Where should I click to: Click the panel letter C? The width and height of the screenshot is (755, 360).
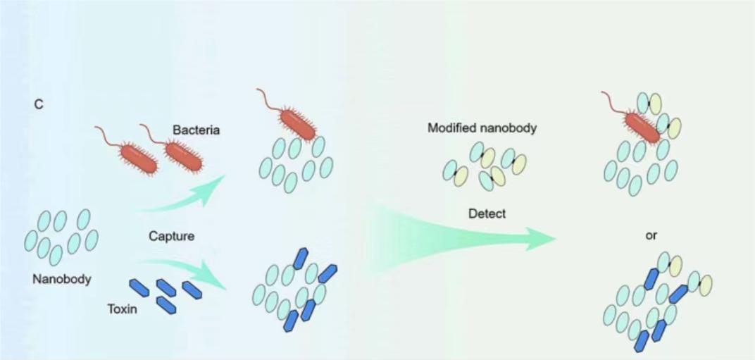coord(39,104)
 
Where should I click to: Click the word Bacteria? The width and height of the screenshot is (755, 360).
coord(196,130)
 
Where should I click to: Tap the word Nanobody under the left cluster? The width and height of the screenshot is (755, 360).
coord(62,279)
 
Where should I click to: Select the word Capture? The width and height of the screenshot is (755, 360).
coord(171,236)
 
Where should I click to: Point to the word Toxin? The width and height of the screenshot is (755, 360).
coord(122,309)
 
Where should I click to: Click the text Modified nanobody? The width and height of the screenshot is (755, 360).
coord(482,129)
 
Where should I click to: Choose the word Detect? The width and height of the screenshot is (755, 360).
coord(487,213)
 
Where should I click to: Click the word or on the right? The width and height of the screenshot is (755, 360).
coord(651,236)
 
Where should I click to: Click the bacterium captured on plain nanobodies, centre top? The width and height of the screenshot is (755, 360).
coord(298,125)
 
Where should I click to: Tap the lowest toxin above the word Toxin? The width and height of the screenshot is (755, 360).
coord(166,305)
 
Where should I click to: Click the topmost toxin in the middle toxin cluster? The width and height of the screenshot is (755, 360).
coord(301,259)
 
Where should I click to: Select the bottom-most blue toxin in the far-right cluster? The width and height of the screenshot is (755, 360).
coord(642,341)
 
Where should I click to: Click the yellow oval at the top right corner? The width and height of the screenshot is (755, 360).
coord(655,104)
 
